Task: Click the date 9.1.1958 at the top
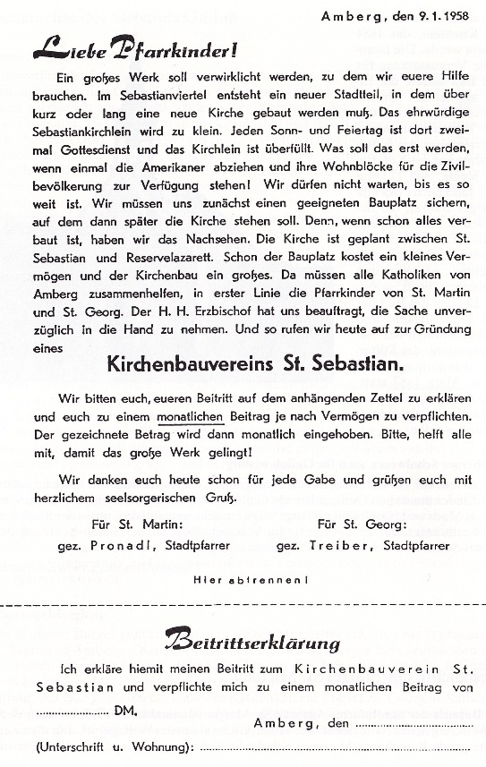tap(439, 15)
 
